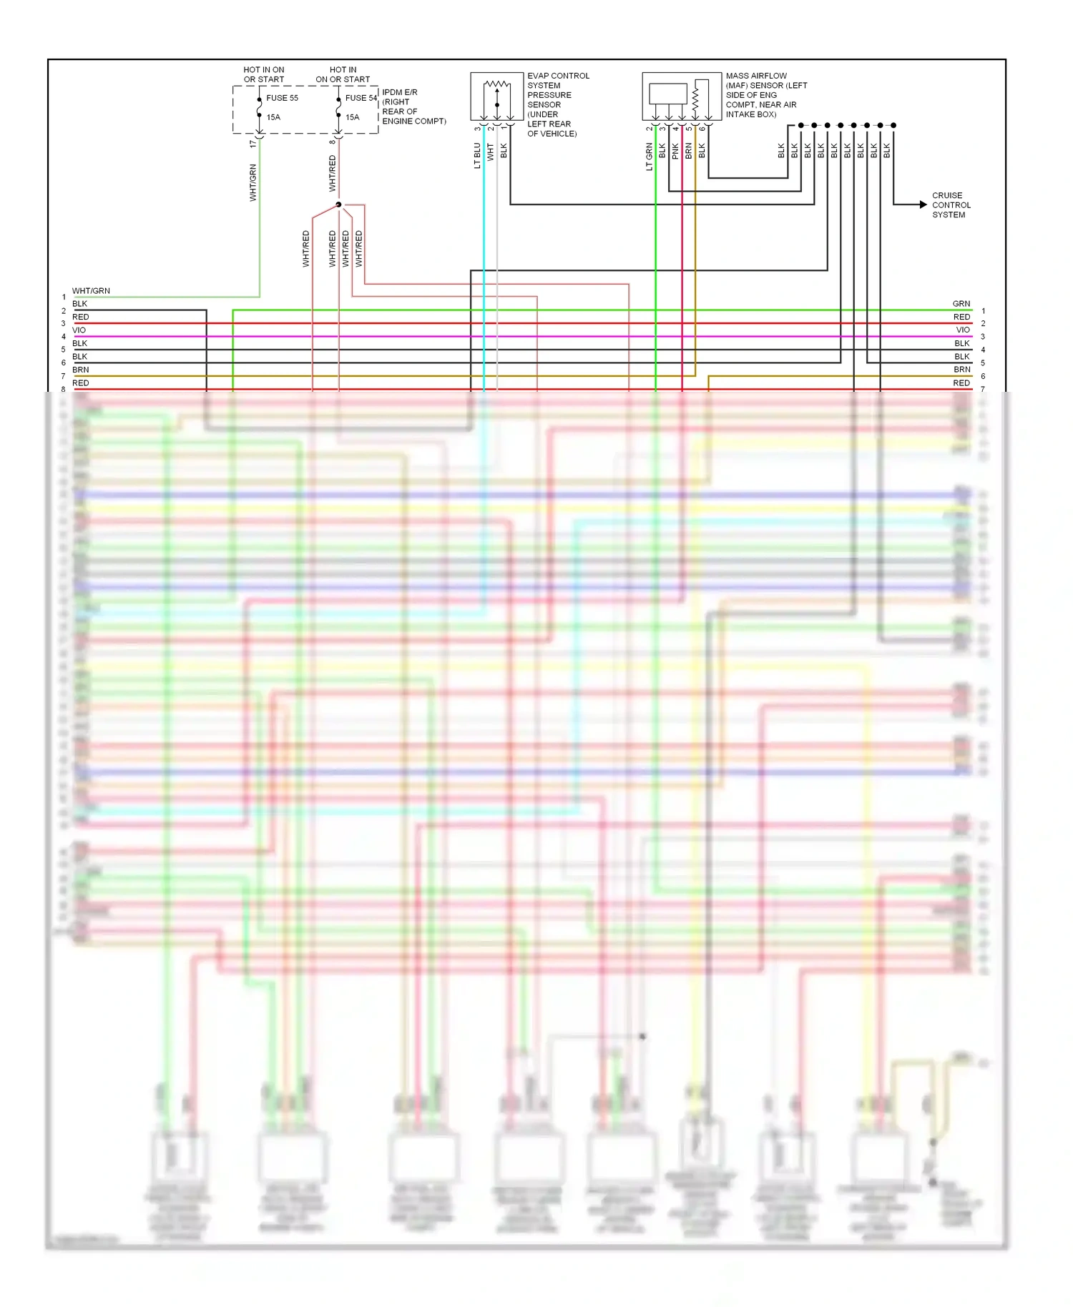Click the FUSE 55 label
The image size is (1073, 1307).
point(282,98)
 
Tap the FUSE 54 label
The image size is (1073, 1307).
point(361,98)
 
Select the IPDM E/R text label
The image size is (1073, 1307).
point(400,92)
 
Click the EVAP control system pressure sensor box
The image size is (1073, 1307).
point(496,97)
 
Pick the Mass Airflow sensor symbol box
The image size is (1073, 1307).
point(681,97)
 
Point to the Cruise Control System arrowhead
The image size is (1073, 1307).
point(923,204)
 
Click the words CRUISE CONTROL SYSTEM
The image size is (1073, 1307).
point(951,205)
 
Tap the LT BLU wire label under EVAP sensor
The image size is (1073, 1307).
point(477,155)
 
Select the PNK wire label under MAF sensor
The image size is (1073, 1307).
point(675,151)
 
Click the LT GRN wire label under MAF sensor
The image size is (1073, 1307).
point(650,157)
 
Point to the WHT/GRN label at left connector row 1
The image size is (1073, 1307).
point(91,291)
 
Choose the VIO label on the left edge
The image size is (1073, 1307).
point(79,330)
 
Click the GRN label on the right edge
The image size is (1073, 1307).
point(961,304)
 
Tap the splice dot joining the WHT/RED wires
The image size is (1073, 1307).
point(338,204)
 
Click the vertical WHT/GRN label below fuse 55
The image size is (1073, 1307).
point(253,182)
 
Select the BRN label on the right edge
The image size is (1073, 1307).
point(961,370)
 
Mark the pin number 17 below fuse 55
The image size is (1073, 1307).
point(253,144)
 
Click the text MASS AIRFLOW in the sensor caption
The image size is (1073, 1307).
point(756,76)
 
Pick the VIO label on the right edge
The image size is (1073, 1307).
point(963,330)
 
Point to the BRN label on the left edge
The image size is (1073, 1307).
point(81,370)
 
